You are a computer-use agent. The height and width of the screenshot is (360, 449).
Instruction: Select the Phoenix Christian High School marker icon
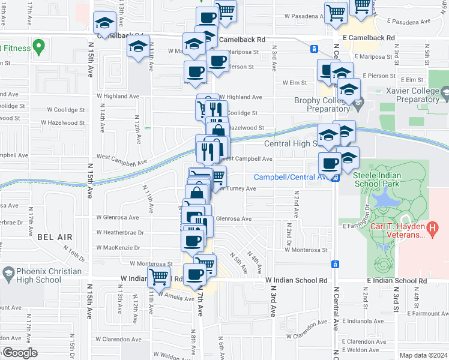pyautogui.click(x=8, y=275)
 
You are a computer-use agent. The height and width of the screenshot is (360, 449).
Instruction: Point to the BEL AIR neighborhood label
pyautogui.click(x=50, y=238)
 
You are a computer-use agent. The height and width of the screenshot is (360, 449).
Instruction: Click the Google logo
pyautogui.click(x=20, y=353)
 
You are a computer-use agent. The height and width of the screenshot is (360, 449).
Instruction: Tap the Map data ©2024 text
pyautogui.click(x=423, y=355)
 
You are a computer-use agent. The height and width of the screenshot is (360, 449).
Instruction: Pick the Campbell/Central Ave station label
pyautogui.click(x=292, y=177)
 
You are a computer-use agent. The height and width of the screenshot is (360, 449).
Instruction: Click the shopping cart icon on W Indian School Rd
pyautogui.click(x=158, y=277)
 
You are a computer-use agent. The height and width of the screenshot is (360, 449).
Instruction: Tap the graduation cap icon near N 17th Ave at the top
pyautogui.click(x=104, y=25)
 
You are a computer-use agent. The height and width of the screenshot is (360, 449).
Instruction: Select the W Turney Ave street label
pyautogui.click(x=239, y=188)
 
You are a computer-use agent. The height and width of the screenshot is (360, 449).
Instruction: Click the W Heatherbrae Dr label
pyautogui.click(x=120, y=232)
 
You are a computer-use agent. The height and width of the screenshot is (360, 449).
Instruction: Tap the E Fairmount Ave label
pyautogui.click(x=428, y=313)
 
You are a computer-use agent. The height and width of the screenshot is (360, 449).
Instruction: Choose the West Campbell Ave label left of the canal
pyautogui.click(x=121, y=160)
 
